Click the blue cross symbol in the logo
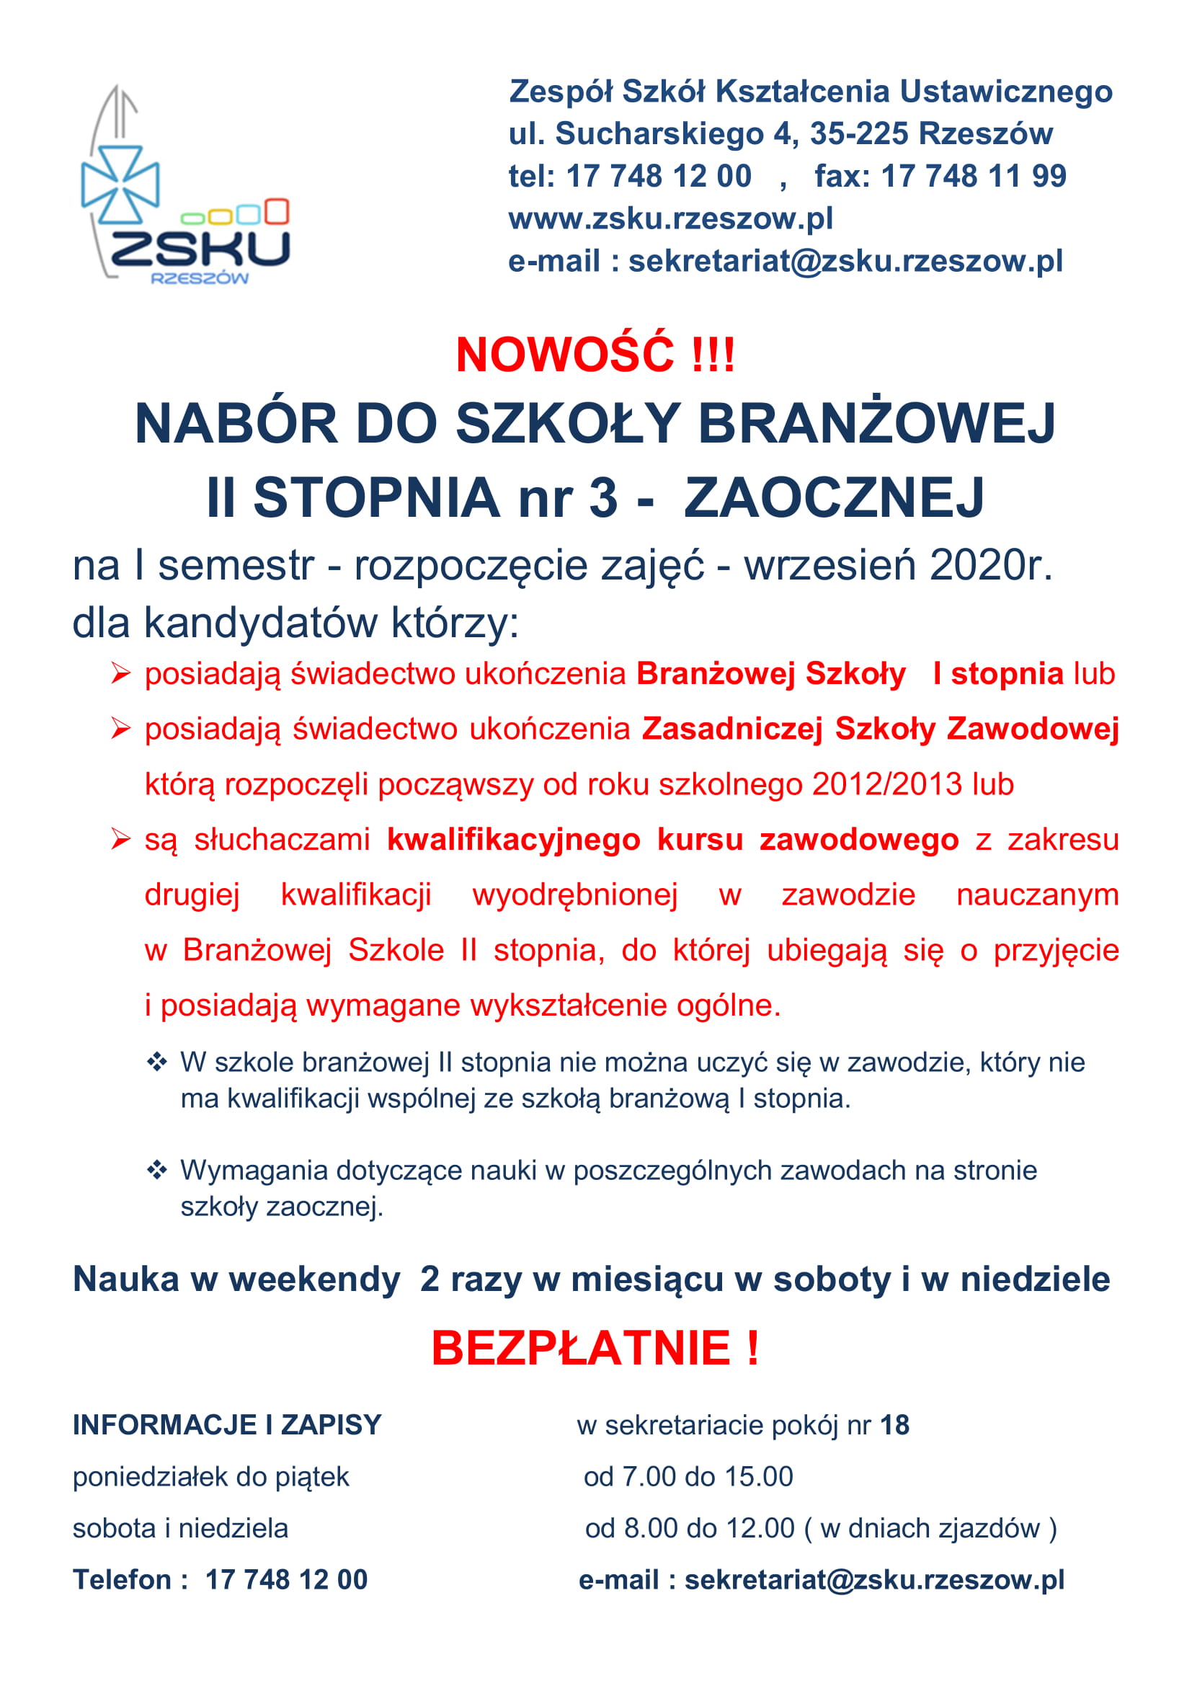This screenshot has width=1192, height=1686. point(120,184)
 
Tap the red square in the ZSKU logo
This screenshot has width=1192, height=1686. point(277,210)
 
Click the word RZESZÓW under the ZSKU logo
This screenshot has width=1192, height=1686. point(200,278)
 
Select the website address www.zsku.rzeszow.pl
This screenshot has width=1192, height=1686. point(670,219)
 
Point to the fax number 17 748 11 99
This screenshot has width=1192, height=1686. point(973,176)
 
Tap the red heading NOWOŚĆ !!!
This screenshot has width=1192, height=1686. point(595,355)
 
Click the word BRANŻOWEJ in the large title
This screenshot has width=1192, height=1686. point(876,425)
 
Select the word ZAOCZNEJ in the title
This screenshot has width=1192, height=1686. point(834,498)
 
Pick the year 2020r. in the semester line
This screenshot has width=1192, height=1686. point(990,565)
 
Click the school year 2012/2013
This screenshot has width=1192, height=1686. point(886,784)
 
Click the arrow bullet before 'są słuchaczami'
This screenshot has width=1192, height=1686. point(120,838)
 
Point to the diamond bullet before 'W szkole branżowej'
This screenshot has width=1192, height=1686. point(157,1062)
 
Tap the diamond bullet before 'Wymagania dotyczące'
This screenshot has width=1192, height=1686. point(157,1170)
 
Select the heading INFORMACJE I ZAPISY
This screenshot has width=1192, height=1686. point(227,1424)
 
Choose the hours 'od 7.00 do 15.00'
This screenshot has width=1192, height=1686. point(688,1476)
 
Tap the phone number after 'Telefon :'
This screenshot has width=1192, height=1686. point(286,1579)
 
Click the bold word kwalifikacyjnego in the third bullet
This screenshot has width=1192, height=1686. point(513,839)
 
